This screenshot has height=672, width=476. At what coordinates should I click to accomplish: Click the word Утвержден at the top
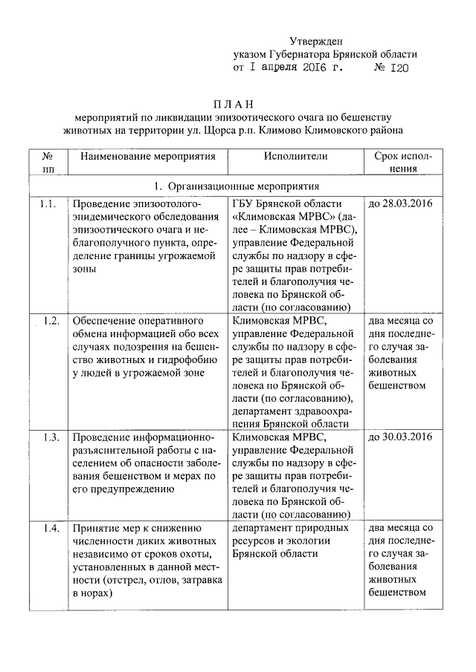click(316, 41)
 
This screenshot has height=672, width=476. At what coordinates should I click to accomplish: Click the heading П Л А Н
click(238, 103)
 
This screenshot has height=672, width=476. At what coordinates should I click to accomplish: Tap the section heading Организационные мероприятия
click(243, 186)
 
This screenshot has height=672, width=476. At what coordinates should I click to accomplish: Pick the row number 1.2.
click(51, 321)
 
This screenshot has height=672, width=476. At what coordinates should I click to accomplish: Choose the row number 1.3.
click(51, 437)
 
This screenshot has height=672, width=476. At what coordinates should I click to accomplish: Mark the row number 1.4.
click(51, 528)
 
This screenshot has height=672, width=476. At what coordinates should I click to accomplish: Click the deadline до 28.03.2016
click(400, 204)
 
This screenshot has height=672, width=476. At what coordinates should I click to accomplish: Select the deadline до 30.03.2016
click(400, 437)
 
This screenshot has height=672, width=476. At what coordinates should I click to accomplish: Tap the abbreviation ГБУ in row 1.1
click(245, 204)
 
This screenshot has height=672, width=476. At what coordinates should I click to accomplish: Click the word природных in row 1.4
click(318, 528)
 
